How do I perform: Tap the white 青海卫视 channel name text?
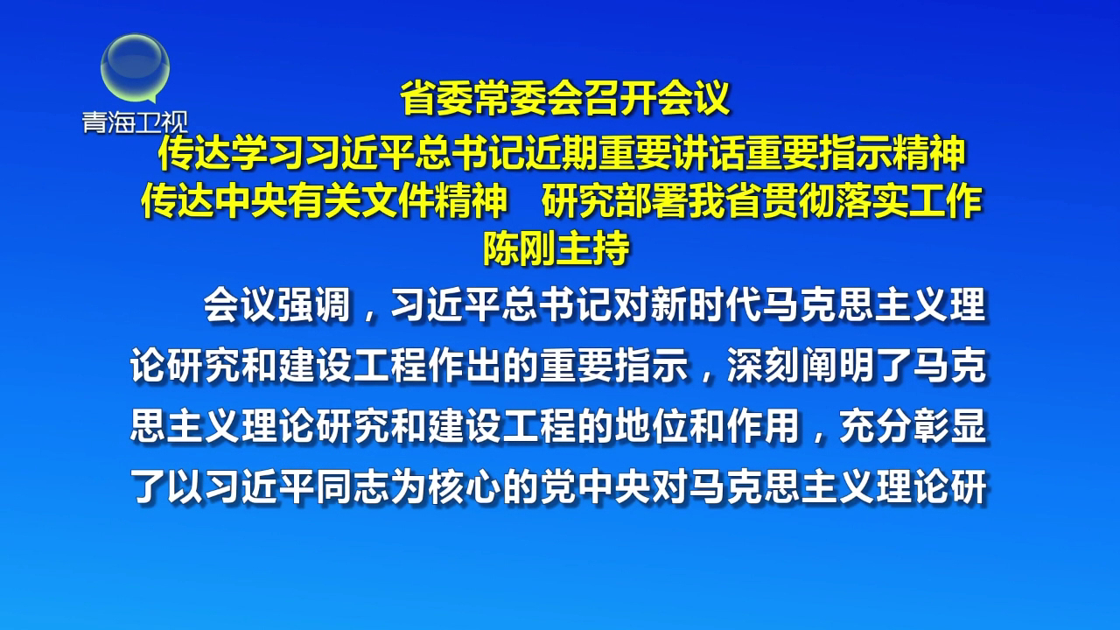point(136,122)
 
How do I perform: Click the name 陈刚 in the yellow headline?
point(520,249)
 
